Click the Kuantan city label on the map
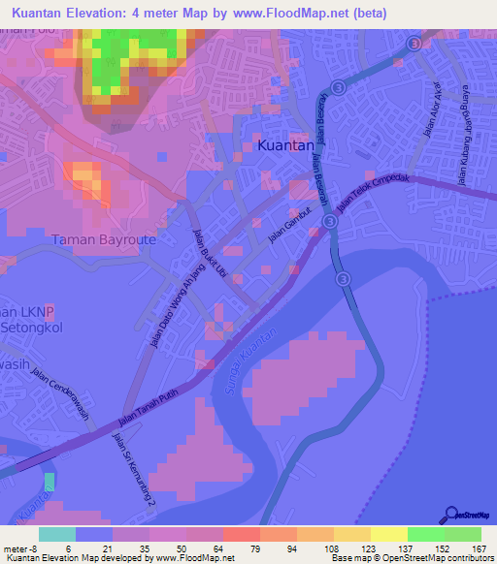coord(286,145)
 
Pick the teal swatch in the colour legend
coord(57,534)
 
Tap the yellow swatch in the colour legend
coord(388,534)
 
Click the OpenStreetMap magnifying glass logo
coord(450,515)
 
